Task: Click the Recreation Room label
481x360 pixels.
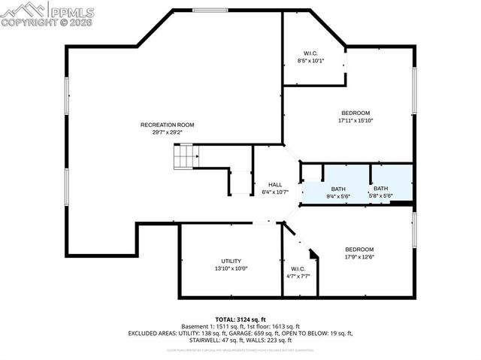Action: [167, 124]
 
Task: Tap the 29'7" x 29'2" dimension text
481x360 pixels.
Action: [167, 132]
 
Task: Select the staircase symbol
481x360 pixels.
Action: [184, 156]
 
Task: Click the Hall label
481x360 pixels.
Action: [275, 184]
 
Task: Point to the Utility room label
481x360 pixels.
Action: [231, 260]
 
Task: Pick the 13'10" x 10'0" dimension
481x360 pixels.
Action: [231, 268]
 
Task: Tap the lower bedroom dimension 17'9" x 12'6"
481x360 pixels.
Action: [358, 257]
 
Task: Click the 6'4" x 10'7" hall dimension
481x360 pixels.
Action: [275, 192]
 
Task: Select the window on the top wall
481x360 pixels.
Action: [210, 10]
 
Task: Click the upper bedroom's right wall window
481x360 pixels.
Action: [413, 91]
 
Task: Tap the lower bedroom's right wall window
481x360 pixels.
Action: [413, 228]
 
